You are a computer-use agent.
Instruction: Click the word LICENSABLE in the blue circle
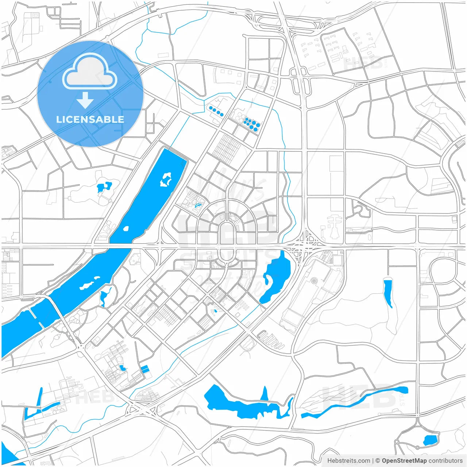90,119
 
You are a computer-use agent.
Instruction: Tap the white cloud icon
90,72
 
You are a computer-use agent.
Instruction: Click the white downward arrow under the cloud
85,100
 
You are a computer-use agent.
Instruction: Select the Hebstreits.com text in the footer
348,461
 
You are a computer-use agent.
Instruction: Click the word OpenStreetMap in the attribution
404,461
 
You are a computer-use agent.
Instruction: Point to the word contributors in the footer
445,461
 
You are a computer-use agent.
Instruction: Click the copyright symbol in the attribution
378,461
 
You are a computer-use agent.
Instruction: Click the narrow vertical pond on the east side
388,292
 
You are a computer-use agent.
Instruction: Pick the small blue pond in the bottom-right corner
430,440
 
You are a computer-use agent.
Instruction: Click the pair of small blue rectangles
145,369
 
